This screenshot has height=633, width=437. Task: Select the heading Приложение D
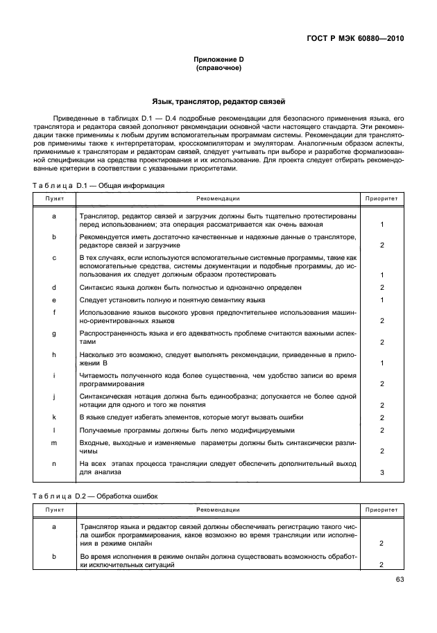pos(218,60)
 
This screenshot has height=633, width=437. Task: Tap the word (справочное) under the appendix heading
pos(218,69)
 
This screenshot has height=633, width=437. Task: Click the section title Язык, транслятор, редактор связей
pos(218,101)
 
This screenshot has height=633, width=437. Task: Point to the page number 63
pos(400,580)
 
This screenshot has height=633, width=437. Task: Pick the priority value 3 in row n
pos(382,472)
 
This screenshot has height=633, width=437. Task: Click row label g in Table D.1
pos(54,333)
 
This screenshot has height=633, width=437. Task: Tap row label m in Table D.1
pos(54,442)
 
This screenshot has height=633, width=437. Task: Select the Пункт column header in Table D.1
pos(54,198)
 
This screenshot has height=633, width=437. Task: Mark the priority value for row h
pos(382,363)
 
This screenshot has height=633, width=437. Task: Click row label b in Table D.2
pos(54,557)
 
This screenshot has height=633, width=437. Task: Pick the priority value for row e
pos(382,300)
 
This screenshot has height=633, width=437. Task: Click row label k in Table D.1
pos(54,417)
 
